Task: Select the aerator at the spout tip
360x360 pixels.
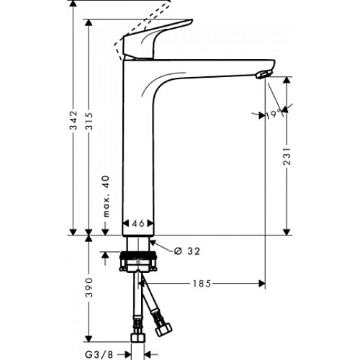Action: pos(264,73)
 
